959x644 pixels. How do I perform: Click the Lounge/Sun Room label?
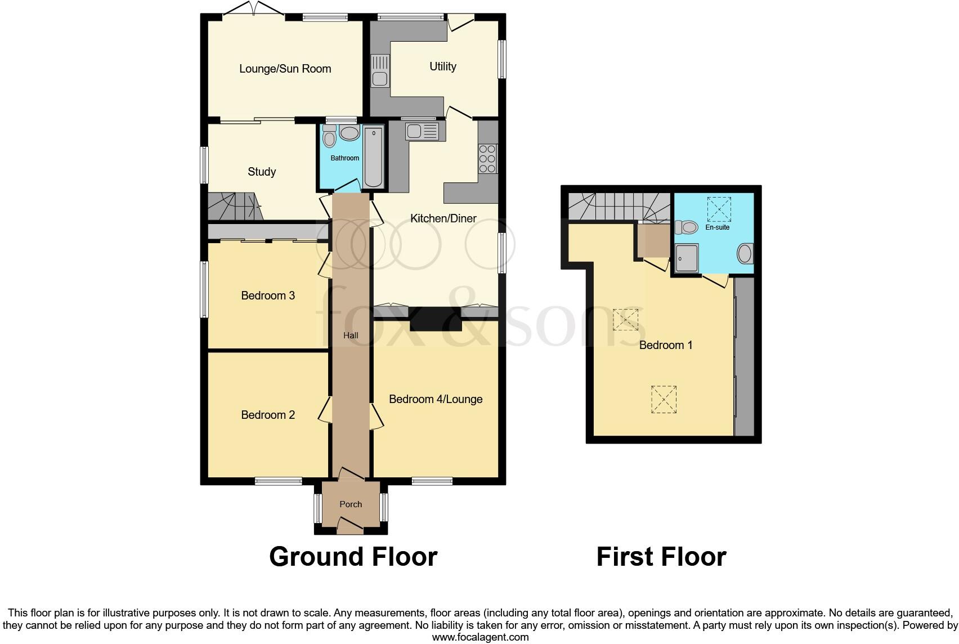pos(285,69)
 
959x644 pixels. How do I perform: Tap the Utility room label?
pos(442,66)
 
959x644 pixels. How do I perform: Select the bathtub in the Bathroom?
pos(373,158)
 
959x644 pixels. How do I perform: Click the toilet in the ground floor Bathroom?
pos(329,137)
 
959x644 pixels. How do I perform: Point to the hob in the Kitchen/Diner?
pos(487,159)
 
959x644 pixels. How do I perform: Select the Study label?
pos(262,172)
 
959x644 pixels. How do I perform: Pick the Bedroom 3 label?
pos(268,296)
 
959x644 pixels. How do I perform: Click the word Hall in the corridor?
pos(351,336)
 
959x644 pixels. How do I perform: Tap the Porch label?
pos(351,504)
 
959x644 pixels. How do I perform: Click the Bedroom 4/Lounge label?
pos(436,399)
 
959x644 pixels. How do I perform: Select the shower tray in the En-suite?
pos(687,258)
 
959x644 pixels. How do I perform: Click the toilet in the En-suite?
pos(685,227)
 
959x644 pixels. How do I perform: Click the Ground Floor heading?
pos(353,557)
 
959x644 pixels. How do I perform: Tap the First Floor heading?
pos(661,557)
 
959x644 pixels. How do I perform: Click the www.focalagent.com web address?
pos(480,637)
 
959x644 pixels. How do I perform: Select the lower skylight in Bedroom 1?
pos(664,400)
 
